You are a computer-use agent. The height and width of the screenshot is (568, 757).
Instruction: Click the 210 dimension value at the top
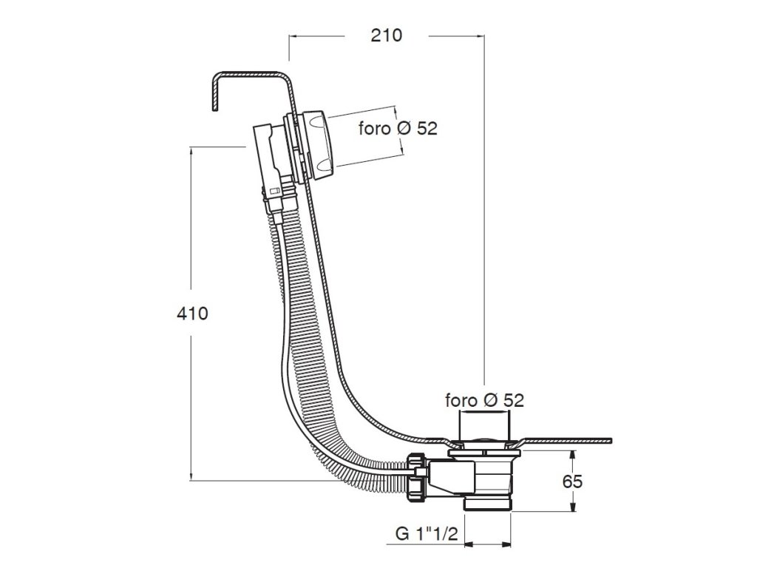pyautogui.click(x=386, y=35)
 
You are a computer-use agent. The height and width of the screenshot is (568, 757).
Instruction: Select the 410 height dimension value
pyautogui.click(x=193, y=314)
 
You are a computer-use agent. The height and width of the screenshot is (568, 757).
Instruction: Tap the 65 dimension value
pyautogui.click(x=573, y=481)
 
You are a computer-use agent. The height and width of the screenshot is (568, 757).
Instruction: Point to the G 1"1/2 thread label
pyautogui.click(x=427, y=534)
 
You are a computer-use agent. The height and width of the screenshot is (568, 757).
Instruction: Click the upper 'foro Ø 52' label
pyautogui.click(x=398, y=128)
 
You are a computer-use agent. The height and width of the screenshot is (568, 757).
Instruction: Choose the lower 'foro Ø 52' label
pyautogui.click(x=484, y=400)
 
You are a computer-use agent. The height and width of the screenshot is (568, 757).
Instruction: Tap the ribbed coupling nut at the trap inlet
pyautogui.click(x=418, y=476)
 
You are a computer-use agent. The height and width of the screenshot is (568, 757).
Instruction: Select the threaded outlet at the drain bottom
pyautogui.click(x=488, y=504)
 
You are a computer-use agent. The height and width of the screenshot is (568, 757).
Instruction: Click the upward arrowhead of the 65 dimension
pyautogui.click(x=573, y=455)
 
